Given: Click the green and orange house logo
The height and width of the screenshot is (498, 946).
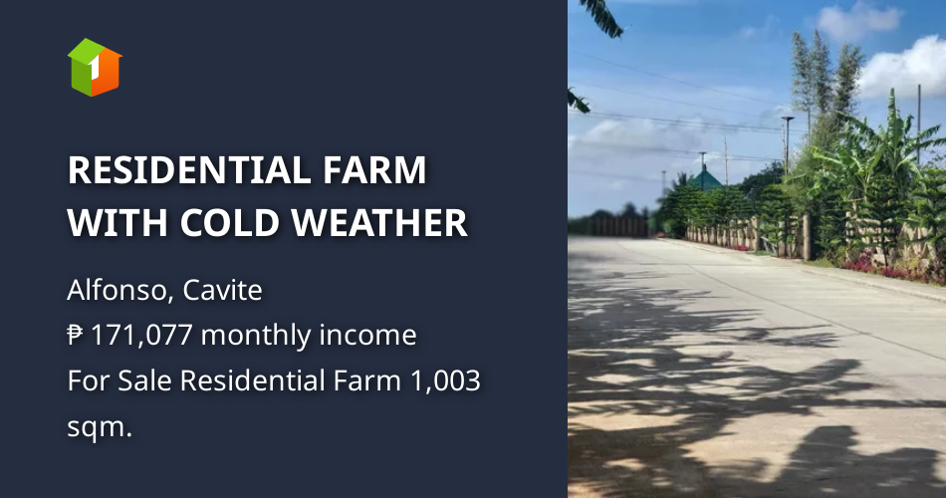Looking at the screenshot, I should point(95,67).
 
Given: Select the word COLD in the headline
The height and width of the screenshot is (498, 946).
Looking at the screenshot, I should point(237,222).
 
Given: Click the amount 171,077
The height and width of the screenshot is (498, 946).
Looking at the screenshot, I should point(144,336).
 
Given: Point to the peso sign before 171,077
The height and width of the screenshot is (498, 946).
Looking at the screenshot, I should point(76,336).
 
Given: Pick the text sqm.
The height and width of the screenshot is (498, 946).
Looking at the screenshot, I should point(99,425).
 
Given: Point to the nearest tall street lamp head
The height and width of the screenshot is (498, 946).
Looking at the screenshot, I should point(788,119).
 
